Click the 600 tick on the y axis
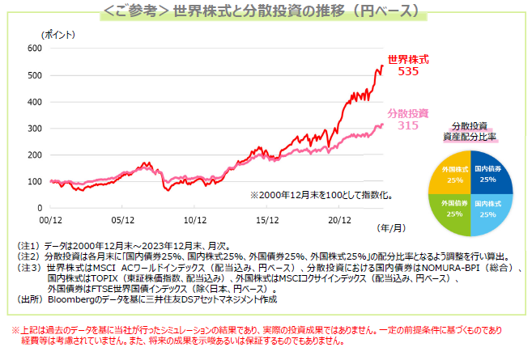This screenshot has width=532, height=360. pos(33,49)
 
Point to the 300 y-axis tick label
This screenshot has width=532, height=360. pos(33,128)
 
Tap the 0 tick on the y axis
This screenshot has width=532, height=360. pos(38,207)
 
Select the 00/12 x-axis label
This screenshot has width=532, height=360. pos(50,218)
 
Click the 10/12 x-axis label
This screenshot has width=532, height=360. pos(195,218)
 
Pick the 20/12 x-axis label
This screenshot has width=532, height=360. pos(338,218)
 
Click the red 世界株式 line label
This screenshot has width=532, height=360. pos(408,60)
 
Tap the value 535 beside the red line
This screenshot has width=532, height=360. pos(408,72)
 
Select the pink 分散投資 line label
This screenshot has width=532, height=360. pos(408,112)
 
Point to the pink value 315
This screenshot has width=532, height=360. pos(408,125)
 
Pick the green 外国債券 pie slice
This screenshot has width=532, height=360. pos(455,209)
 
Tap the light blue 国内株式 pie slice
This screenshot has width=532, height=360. pos(487,209)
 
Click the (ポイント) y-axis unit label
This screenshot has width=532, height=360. pos(57,35)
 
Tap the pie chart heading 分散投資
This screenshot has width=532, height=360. pos(471,125)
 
